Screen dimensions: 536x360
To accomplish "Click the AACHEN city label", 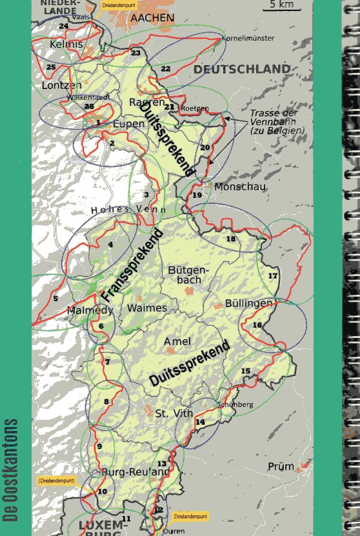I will pyautogui.click(x=152, y=19).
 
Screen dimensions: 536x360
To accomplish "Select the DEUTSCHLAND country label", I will pyautogui.click(x=242, y=69).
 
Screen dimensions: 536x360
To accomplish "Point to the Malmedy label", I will pyautogui.click(x=90, y=311).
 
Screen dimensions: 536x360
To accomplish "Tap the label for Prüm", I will pyautogui.click(x=281, y=466).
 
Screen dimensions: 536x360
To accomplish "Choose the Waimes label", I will pyautogui.click(x=146, y=308).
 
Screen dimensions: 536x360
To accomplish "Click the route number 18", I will pyautogui.click(x=230, y=239).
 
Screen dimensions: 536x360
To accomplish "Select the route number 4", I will pyautogui.click(x=110, y=244).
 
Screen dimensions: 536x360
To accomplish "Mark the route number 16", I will pyautogui.click(x=257, y=325).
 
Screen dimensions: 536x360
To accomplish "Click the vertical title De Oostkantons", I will pyautogui.click(x=12, y=470).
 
